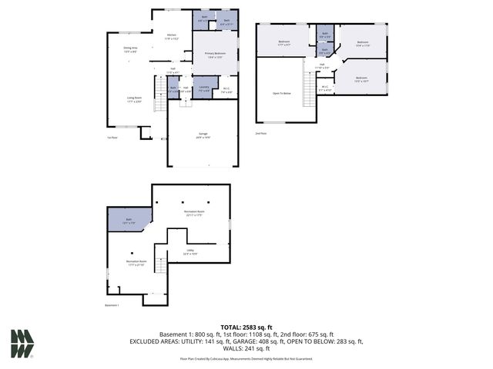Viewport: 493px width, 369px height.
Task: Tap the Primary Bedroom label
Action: coord(213,54)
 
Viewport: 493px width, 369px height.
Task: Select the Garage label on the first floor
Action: coord(203,135)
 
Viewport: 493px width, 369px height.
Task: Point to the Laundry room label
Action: coord(203,88)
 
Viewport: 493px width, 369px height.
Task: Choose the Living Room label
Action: coord(135,98)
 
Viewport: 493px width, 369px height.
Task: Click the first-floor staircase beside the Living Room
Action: coord(160,102)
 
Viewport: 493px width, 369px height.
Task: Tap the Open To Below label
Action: coord(282,93)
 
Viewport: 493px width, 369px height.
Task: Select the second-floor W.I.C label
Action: coord(325,88)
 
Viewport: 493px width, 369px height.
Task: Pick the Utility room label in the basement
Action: coord(189,251)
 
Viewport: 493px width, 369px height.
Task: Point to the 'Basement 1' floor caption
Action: coord(112,305)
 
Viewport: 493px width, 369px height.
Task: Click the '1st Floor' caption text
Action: coord(112,138)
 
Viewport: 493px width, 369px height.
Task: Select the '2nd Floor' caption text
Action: coord(260,133)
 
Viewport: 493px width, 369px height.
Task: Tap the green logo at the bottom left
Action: coord(22,344)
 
